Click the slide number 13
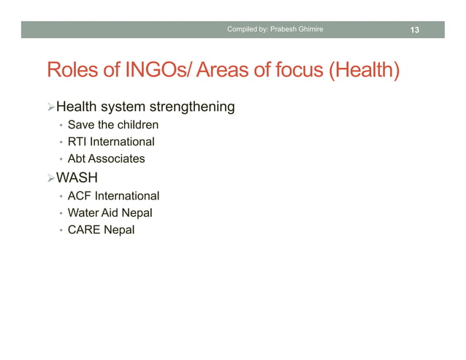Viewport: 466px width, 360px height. [415, 30]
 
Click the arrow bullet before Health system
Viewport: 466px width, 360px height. [50, 108]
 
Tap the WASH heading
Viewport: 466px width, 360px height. [77, 178]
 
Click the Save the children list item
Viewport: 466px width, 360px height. [112, 125]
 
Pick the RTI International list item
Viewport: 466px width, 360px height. [110, 142]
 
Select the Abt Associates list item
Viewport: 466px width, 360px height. [106, 158]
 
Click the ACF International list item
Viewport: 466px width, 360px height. [113, 196]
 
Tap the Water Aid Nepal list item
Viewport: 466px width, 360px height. [110, 212]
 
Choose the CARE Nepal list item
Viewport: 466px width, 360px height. [101, 229]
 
